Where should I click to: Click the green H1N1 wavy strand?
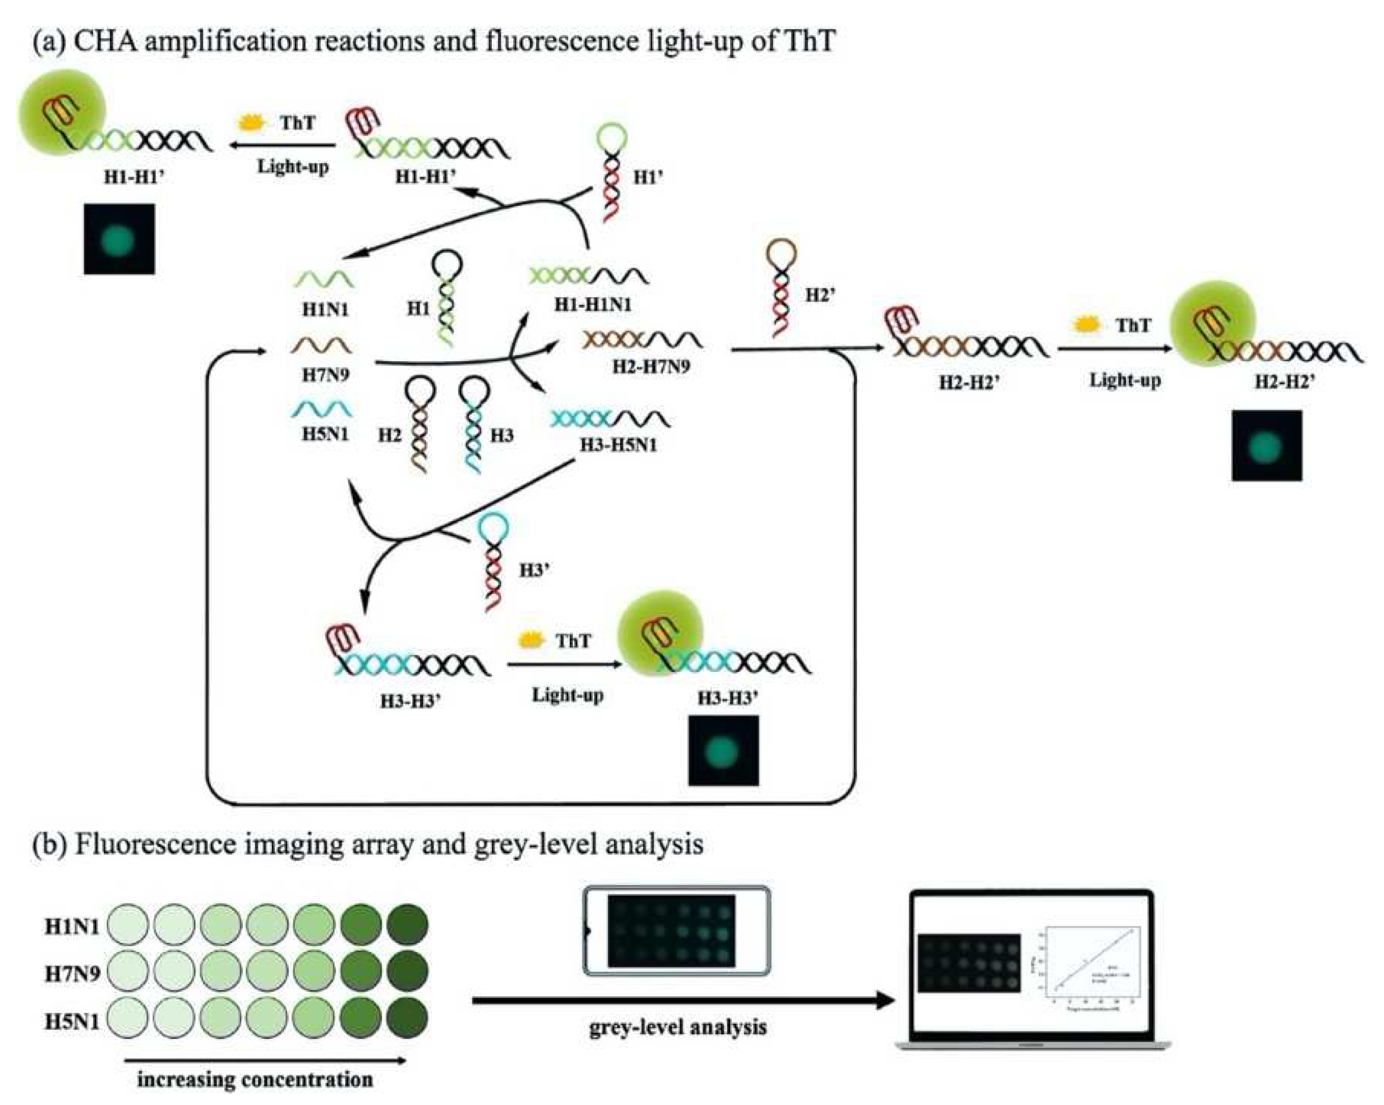[325, 280]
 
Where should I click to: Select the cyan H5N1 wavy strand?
[321, 408]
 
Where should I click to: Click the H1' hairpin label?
[647, 177]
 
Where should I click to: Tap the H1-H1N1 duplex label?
[593, 305]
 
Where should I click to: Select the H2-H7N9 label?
[651, 367]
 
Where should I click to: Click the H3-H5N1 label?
[618, 444]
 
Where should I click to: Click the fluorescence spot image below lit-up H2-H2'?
[1266, 445]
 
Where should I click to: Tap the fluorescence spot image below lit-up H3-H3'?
[723, 751]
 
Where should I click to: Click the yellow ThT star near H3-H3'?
[530, 640]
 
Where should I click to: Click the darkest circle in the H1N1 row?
[407, 925]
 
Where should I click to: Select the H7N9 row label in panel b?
[72, 973]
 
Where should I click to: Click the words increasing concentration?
[255, 1079]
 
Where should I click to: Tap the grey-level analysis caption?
[677, 1027]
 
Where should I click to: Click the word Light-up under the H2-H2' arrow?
[1125, 380]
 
